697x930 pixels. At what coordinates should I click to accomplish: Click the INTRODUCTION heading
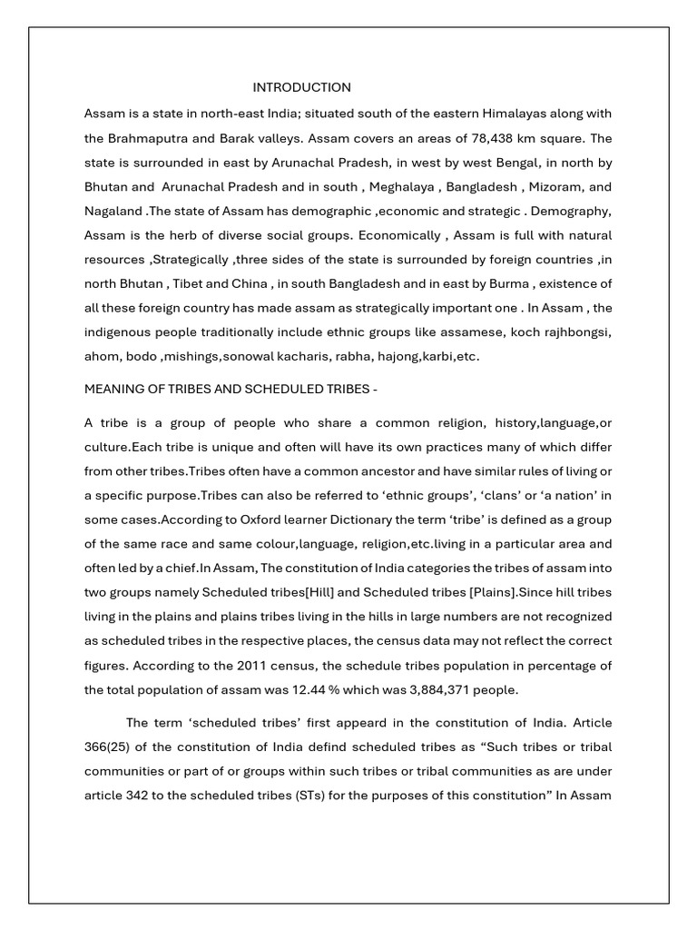(x=301, y=88)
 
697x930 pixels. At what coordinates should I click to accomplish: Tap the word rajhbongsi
(x=578, y=331)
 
